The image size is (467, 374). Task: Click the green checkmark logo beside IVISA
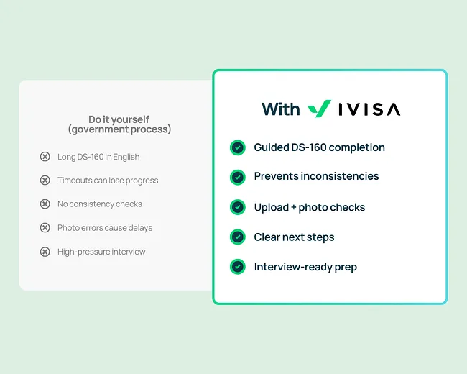319,109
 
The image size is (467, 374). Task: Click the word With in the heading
281,109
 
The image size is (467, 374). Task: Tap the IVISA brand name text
369,109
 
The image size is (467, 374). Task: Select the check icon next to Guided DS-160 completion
237,147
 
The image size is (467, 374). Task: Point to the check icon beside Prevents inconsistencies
237,176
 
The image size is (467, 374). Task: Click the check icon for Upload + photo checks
237,207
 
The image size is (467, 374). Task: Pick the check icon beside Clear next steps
237,237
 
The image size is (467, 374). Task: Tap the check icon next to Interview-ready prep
237,267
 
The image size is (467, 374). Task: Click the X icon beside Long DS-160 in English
45,157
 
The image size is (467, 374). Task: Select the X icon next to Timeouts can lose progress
45,181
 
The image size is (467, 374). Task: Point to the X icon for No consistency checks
45,204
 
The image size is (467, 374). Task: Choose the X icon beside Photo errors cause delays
45,228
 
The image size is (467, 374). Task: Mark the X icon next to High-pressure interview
45,252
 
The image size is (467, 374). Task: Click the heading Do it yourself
119,119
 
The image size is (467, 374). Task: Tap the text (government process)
119,129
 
